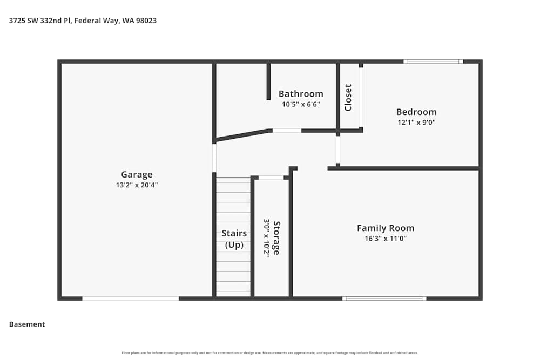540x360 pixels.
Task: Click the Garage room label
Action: pos(137,174)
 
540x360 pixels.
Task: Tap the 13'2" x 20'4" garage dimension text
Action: pos(137,185)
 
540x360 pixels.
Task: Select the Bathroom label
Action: pos(301,94)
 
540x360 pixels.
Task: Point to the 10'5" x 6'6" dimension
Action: pos(301,104)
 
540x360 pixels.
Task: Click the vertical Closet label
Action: pos(348,98)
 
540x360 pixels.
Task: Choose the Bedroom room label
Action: pos(416,112)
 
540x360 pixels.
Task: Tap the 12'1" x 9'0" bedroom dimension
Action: pos(416,122)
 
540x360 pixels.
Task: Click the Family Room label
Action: pos(386,228)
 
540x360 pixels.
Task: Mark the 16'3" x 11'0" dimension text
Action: pos(386,239)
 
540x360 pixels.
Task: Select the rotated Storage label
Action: pos(276,237)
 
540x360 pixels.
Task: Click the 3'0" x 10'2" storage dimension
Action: pos(266,237)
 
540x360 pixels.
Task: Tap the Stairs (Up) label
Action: pos(234,239)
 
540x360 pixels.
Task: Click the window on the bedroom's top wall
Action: pos(433,62)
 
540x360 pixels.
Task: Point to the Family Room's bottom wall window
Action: pos(384,298)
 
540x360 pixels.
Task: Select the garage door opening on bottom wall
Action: pos(130,298)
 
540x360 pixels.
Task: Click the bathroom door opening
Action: pos(287,131)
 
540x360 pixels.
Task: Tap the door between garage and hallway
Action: pos(214,158)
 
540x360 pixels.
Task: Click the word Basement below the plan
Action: pos(27,324)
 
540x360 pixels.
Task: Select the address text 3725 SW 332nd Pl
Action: pos(40,21)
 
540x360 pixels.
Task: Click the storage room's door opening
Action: pos(272,177)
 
